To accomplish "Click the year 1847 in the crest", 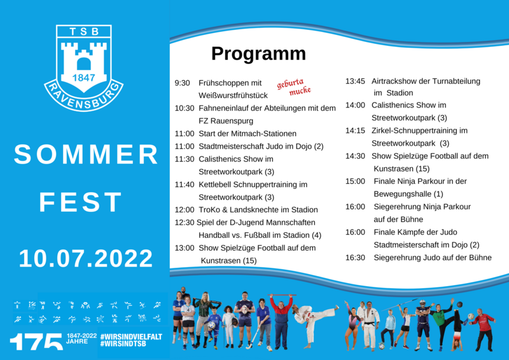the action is pos(84,78).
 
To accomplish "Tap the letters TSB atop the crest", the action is pos(84,32).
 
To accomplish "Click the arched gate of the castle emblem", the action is pos(84,64).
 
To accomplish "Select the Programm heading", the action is pos(258,54).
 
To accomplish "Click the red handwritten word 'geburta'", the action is pos(290,83).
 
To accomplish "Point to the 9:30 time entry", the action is pos(182,83).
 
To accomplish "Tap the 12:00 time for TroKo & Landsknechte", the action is pos(185,210).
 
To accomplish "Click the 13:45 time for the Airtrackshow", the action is pos(355,81).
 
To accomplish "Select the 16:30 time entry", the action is pos(355,258).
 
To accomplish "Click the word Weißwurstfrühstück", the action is pos(233,95).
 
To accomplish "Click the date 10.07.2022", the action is pos(86,259).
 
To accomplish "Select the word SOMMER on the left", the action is pos(86,154).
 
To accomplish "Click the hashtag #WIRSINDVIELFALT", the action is pos(131,336).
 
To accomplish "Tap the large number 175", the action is pos(36,342).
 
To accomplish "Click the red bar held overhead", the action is pos(282,295).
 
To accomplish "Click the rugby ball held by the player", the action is pos(244,309).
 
